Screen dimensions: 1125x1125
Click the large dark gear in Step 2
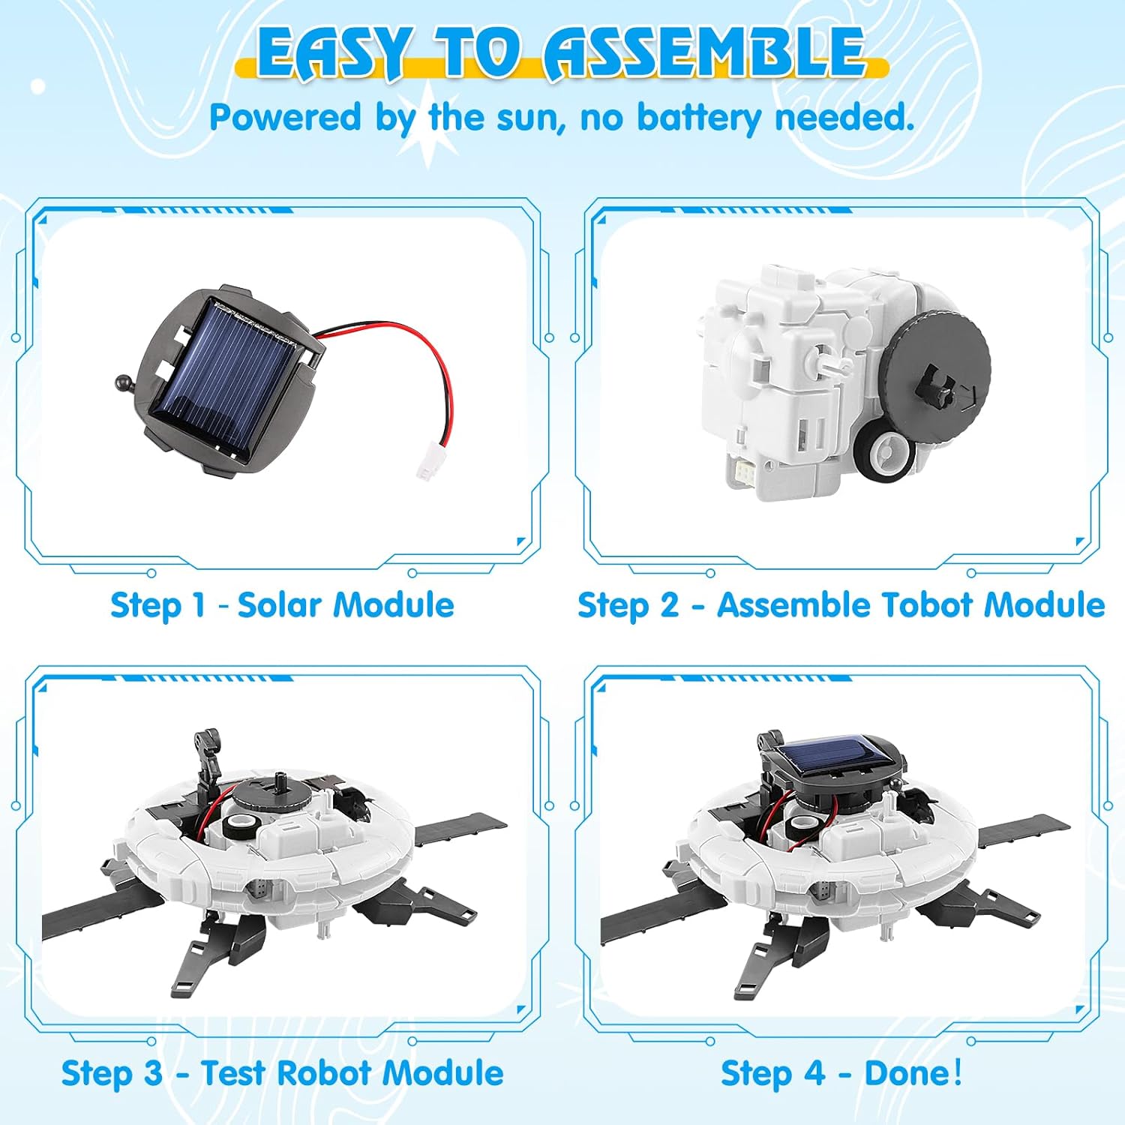click(x=934, y=367)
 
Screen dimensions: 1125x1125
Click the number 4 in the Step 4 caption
click(x=814, y=1073)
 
